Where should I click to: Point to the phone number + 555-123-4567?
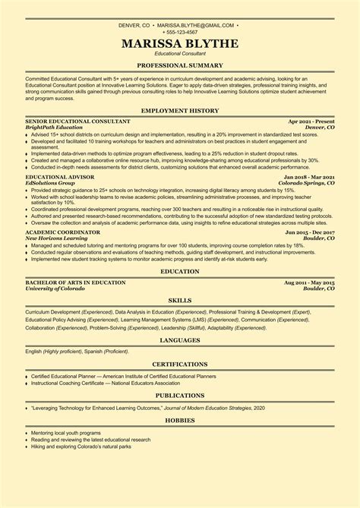coord(180,32)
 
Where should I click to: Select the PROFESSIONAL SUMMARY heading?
coord(180,66)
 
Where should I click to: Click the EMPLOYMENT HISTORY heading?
coord(180,111)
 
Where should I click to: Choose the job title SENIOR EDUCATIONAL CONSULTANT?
coord(77,121)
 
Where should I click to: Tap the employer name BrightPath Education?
coord(55,127)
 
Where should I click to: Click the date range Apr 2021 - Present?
coord(311,121)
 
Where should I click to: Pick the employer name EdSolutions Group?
coord(50,182)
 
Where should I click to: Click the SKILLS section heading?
coord(180,301)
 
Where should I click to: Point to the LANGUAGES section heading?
coord(180,342)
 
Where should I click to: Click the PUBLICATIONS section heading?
coord(180,395)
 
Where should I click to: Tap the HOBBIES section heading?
coord(180,418)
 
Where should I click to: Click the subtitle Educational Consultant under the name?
coord(180,55)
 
